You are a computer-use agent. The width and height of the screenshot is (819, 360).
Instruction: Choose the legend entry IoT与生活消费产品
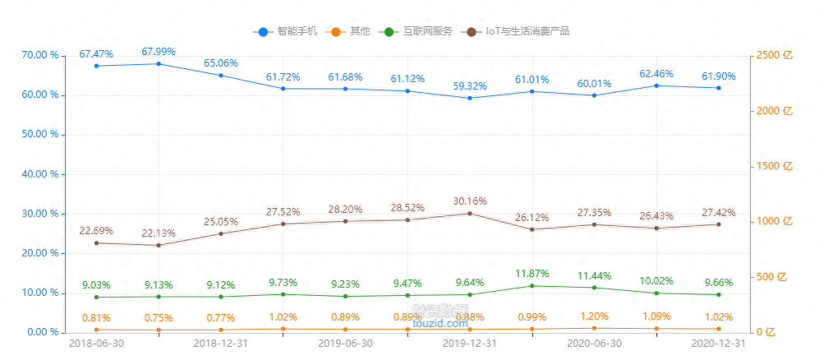click(x=518, y=31)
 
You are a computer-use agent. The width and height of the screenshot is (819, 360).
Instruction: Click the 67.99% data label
click(x=159, y=52)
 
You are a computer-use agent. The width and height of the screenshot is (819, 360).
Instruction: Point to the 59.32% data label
click(x=470, y=85)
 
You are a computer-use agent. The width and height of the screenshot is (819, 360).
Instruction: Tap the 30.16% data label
click(x=470, y=201)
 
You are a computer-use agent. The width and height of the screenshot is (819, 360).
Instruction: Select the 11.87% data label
click(x=532, y=273)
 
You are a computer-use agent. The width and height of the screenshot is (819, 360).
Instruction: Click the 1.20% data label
click(x=595, y=316)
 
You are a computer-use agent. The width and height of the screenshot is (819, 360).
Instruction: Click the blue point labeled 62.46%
click(x=657, y=85)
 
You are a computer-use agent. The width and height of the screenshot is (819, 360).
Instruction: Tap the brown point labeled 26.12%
click(x=532, y=229)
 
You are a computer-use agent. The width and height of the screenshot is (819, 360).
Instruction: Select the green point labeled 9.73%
click(x=283, y=294)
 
